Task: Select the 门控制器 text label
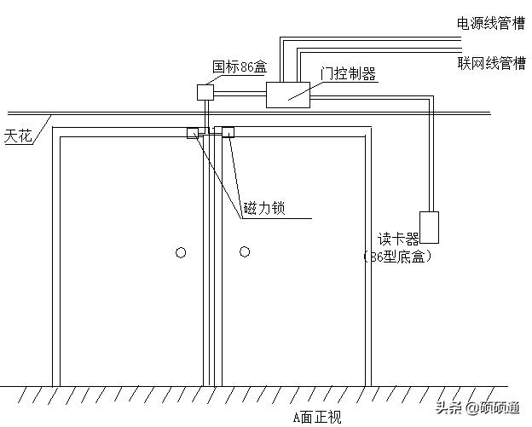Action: [348, 74]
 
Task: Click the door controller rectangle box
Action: [288, 95]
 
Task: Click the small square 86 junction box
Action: [205, 91]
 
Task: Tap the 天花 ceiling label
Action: [18, 136]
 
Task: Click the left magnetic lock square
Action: [193, 132]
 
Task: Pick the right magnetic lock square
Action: [228, 132]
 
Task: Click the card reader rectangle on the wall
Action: [429, 228]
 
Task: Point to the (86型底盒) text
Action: [397, 256]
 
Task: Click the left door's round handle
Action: [180, 252]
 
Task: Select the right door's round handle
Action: [245, 251]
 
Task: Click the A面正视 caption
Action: [316, 417]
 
